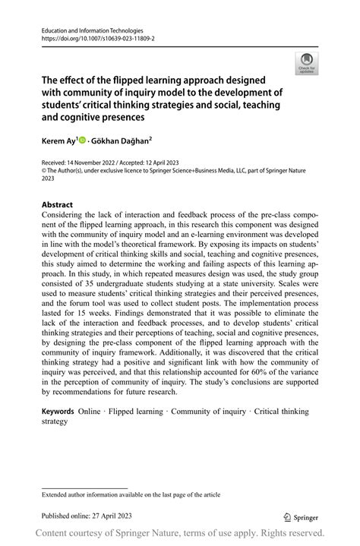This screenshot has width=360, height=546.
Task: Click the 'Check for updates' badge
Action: [307, 62]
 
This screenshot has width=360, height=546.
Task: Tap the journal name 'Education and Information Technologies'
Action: [93, 27]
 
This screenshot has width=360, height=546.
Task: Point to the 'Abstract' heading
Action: [57, 205]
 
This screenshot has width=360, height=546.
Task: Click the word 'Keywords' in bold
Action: [58, 411]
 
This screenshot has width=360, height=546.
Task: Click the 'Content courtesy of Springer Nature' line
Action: [180, 532]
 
